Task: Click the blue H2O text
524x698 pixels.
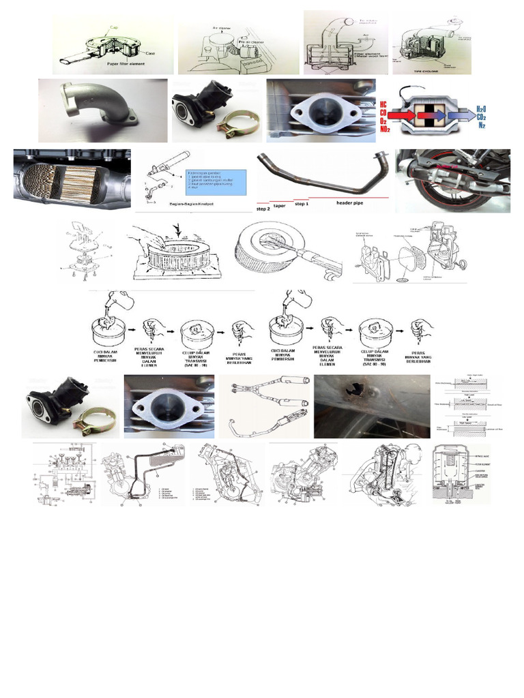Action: coord(481,109)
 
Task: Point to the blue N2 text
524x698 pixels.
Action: coord(482,126)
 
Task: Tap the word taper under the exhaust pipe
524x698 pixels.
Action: coord(280,205)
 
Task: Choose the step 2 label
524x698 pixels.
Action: coord(263,209)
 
